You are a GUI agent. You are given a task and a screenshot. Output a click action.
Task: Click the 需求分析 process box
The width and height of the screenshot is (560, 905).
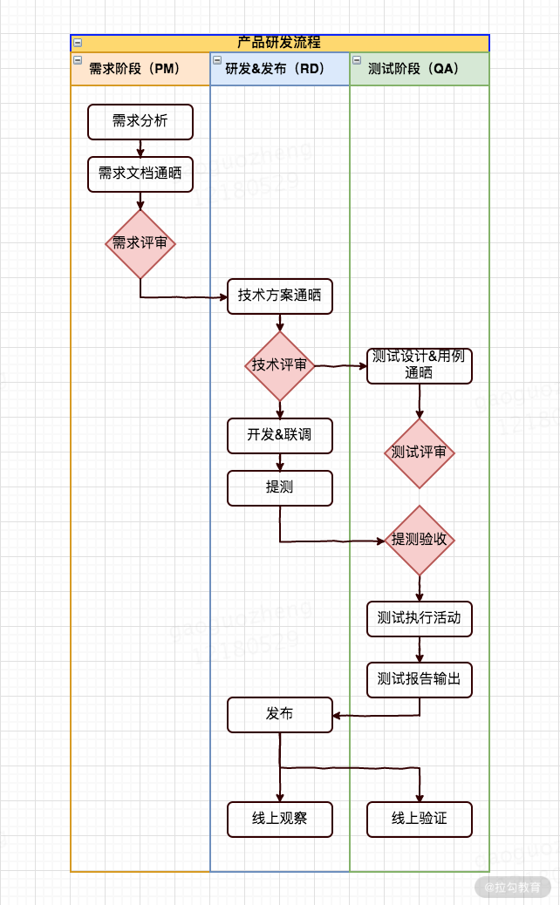click(x=140, y=121)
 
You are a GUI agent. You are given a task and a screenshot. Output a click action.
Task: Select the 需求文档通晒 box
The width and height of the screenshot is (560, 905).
click(x=140, y=174)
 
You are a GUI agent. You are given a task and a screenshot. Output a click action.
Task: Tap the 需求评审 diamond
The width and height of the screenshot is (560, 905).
click(x=140, y=244)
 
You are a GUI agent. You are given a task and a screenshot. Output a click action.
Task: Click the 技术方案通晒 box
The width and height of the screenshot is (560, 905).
click(x=279, y=296)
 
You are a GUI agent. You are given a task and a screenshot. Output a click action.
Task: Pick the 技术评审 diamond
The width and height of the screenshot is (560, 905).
click(x=279, y=365)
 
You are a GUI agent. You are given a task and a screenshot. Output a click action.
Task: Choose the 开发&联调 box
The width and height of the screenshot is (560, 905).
click(x=279, y=435)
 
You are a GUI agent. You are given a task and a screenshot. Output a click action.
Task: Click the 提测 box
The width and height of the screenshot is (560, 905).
click(x=279, y=487)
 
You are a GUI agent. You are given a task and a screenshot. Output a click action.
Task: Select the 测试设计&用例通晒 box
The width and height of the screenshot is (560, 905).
click(x=419, y=365)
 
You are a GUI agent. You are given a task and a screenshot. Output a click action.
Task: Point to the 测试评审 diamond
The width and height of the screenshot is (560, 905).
click(x=419, y=452)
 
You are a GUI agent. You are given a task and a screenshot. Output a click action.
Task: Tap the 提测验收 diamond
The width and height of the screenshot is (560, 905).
click(x=419, y=540)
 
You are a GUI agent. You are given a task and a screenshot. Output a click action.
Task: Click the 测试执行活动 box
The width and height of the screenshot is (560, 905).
click(x=419, y=618)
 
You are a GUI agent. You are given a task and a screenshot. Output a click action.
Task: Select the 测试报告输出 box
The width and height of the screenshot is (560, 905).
click(x=419, y=679)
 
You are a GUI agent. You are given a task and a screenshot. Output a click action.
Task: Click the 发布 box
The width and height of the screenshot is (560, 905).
click(x=279, y=714)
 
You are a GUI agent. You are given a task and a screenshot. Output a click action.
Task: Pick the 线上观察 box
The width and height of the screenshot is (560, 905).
click(x=279, y=819)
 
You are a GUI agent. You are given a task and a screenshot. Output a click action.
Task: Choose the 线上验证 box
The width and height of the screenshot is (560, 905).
click(x=419, y=819)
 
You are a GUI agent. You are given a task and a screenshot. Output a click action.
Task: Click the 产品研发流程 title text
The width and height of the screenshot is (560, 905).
click(x=279, y=43)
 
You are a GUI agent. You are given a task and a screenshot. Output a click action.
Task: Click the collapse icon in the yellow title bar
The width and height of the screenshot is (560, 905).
click(x=78, y=42)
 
